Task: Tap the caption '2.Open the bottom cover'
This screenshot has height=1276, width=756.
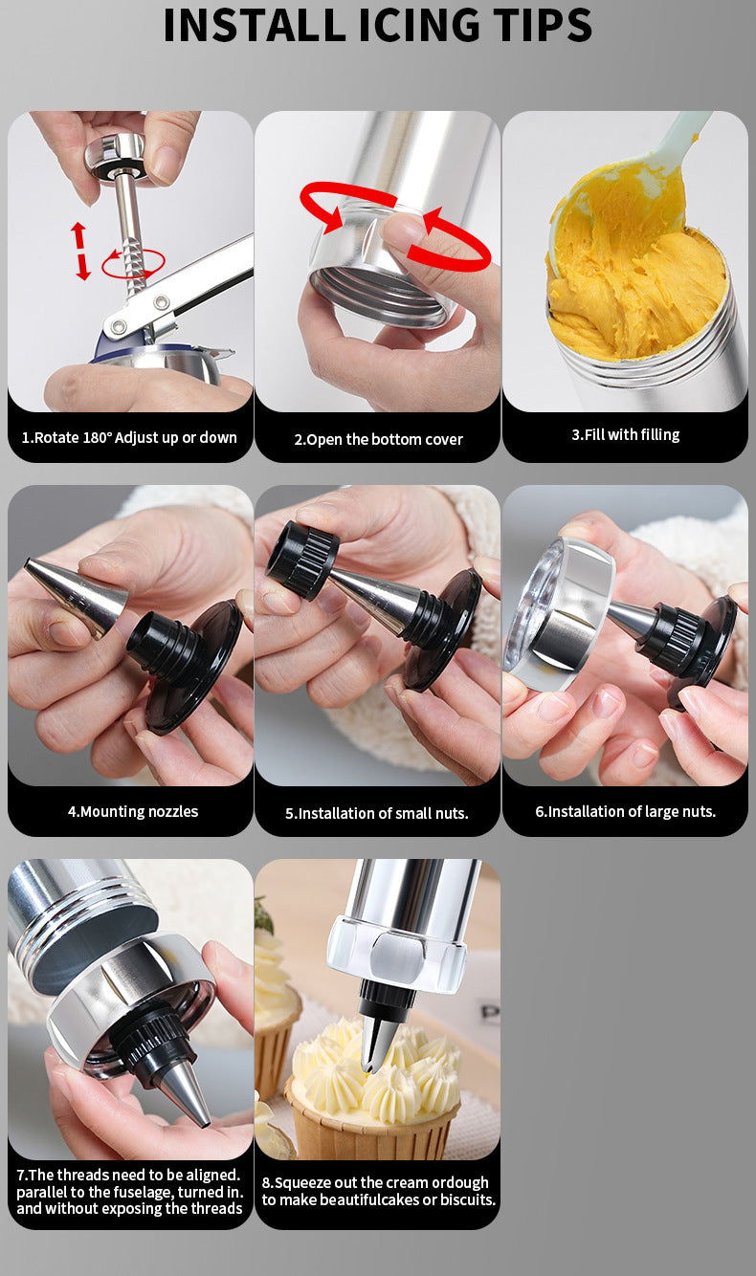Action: (378, 439)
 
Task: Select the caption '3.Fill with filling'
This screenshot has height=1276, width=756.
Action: (626, 434)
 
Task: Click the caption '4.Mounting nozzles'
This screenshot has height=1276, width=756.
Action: (133, 811)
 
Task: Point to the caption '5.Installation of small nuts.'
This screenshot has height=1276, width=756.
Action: (377, 813)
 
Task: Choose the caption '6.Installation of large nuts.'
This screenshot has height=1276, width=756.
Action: (625, 811)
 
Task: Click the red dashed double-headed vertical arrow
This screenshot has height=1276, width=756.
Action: (80, 252)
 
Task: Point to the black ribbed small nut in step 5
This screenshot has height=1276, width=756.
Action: (302, 560)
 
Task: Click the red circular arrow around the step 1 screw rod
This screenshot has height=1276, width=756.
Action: (133, 264)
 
